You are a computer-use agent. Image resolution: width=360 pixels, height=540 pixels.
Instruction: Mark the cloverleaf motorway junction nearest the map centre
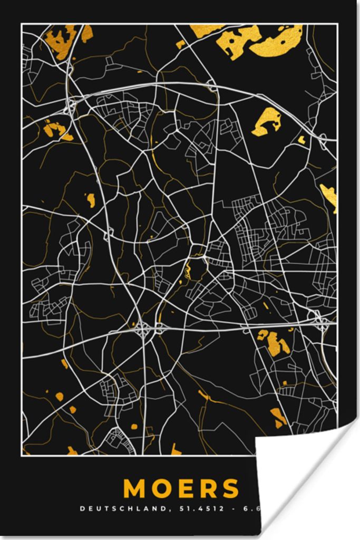click(x=142, y=330)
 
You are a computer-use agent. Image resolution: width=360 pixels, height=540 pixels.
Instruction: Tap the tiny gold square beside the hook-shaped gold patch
click(x=301, y=140)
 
